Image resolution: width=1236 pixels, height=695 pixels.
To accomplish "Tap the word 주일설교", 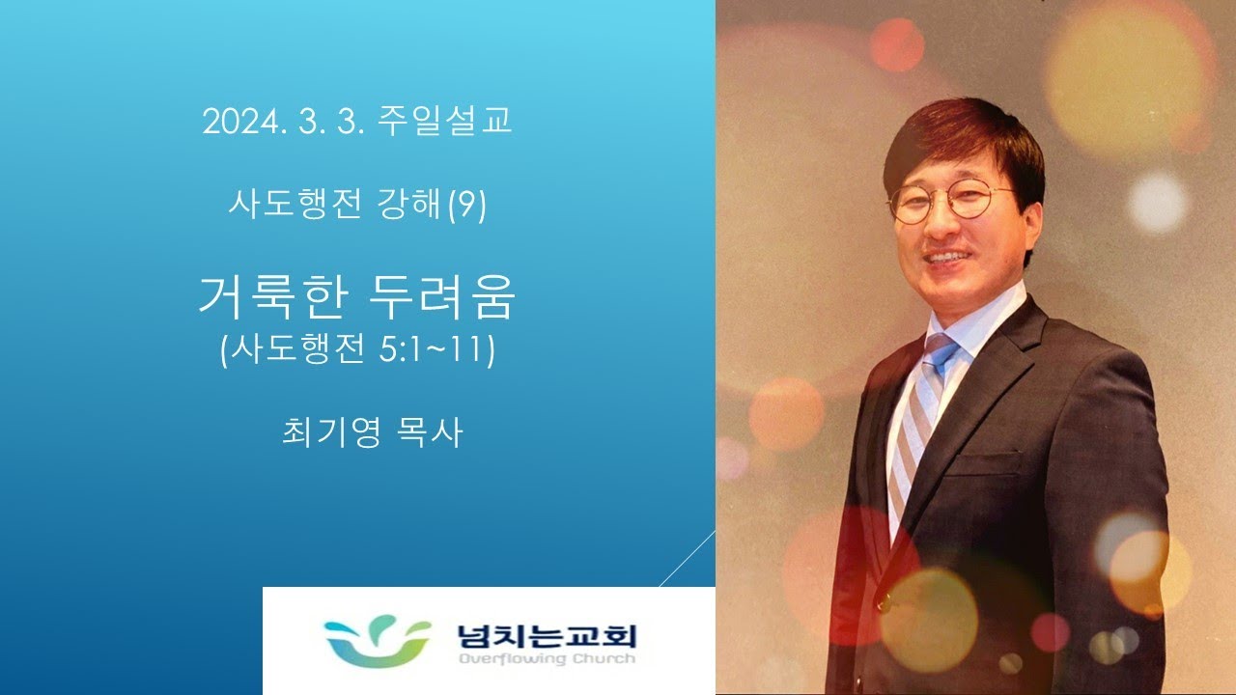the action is (445, 121).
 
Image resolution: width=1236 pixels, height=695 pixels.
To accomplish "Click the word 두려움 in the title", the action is (441, 297).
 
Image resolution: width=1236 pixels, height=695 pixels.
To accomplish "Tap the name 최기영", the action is (331, 432).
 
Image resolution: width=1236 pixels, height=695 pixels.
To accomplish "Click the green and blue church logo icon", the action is (377, 642).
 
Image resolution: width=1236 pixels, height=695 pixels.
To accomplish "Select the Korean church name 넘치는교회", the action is (547, 636).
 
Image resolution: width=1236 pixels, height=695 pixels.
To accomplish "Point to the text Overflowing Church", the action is (547, 658).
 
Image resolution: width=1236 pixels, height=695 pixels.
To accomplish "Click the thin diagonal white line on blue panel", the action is (687, 558).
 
